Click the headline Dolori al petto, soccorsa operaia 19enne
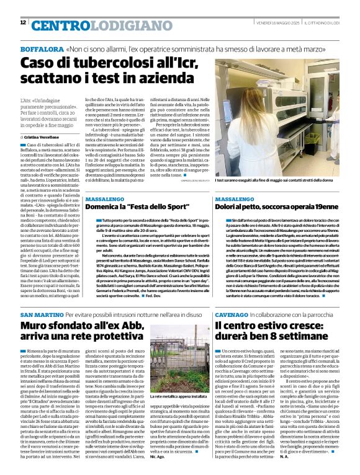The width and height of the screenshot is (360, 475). pos(276,207)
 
